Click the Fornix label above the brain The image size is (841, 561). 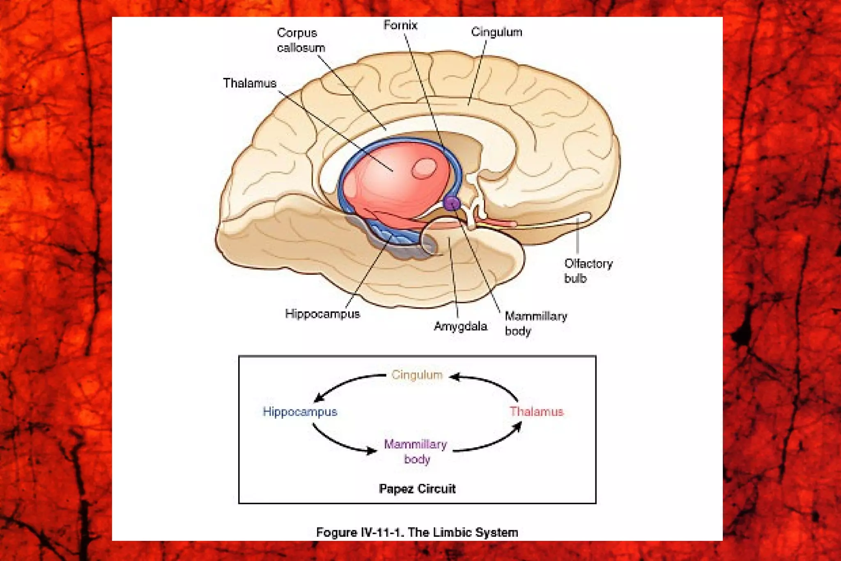(400, 25)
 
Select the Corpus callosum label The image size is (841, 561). (300, 40)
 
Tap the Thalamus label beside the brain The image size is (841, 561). (250, 83)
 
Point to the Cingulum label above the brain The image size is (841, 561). (496, 32)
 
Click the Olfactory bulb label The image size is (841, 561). (588, 271)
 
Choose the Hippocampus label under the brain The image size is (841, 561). (322, 314)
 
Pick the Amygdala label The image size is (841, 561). (460, 326)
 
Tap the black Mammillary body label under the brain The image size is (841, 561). (535, 323)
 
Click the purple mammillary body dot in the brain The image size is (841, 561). (452, 202)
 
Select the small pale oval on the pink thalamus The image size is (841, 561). (424, 168)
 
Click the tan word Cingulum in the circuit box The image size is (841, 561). (416, 375)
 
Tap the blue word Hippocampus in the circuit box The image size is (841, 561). (300, 412)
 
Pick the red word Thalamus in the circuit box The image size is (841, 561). (536, 412)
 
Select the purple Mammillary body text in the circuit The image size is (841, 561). (416, 451)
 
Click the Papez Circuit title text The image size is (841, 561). (417, 489)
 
